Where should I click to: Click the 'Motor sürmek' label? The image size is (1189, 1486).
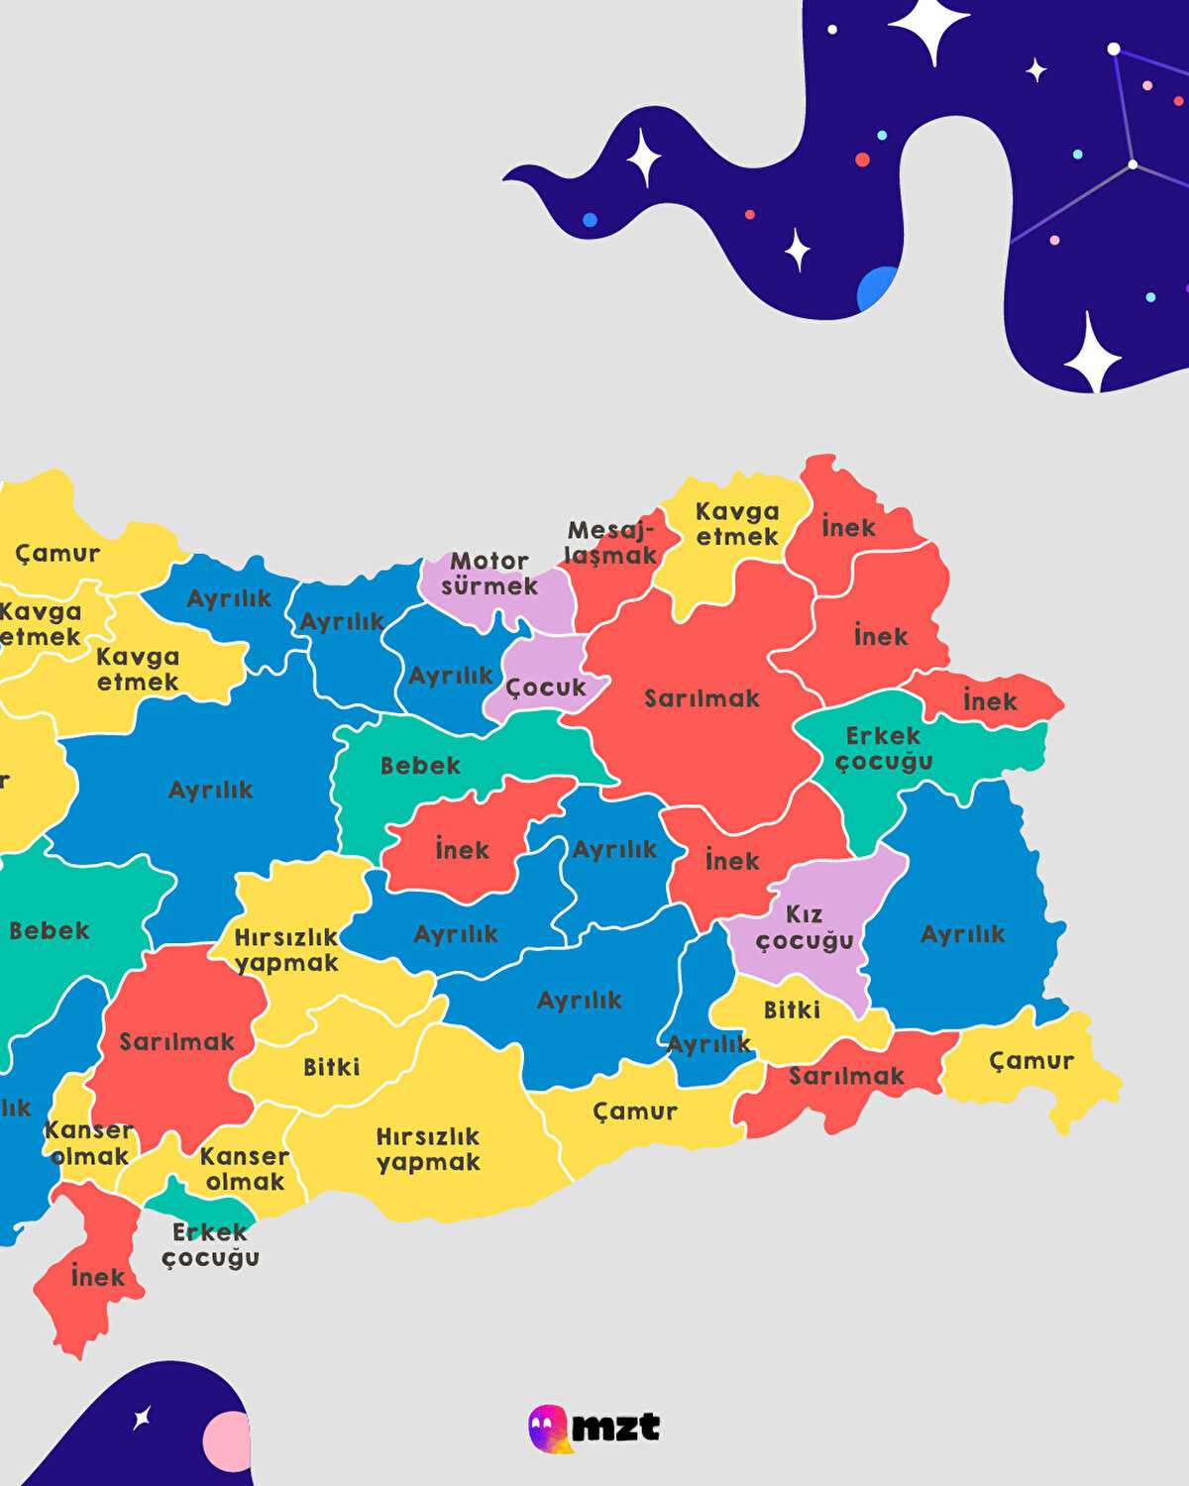point(489,574)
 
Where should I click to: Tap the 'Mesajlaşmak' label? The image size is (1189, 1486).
point(610,543)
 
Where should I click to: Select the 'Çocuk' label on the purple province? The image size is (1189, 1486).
point(546,687)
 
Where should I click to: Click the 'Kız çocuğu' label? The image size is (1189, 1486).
point(805,926)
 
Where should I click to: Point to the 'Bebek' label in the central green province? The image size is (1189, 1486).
point(420,765)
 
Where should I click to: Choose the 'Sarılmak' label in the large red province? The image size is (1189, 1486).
point(702,698)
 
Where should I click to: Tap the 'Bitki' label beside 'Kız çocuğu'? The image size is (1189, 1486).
point(792,1009)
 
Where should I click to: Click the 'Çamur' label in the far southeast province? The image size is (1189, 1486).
point(1031,1061)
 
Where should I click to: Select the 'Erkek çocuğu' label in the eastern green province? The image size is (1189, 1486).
point(884,749)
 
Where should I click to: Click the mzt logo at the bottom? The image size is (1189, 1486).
point(594,1428)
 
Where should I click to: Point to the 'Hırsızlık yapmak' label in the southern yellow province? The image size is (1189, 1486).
point(428,1149)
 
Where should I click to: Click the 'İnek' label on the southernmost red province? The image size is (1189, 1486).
point(98,1277)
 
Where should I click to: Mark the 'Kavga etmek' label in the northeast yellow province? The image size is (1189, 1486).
point(737,524)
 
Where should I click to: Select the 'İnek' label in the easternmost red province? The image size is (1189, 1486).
point(990,701)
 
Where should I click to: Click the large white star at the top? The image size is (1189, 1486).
point(928,27)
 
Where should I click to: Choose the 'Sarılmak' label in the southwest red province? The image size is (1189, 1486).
point(177,1041)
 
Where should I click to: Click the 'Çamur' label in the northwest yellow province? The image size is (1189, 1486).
point(57,553)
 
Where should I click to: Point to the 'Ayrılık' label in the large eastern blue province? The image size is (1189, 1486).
point(962,933)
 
